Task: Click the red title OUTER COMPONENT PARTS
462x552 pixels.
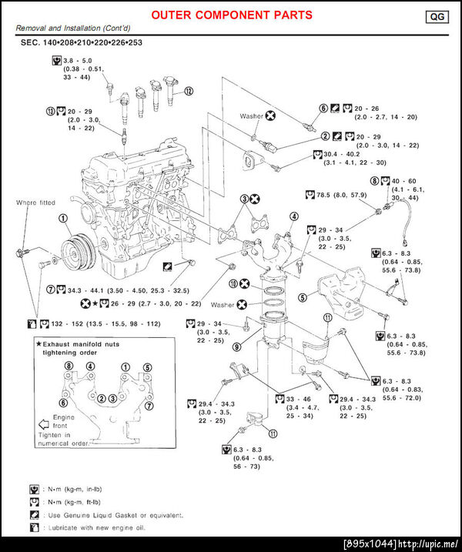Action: [x=231, y=15]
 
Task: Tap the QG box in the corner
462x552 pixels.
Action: [x=437, y=15]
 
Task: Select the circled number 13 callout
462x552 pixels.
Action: [x=51, y=110]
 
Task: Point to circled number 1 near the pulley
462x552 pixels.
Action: [x=61, y=219]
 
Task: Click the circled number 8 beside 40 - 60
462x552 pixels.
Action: [x=375, y=181]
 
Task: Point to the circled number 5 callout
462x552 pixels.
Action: [x=303, y=296]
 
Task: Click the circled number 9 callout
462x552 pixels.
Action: [x=237, y=347]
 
